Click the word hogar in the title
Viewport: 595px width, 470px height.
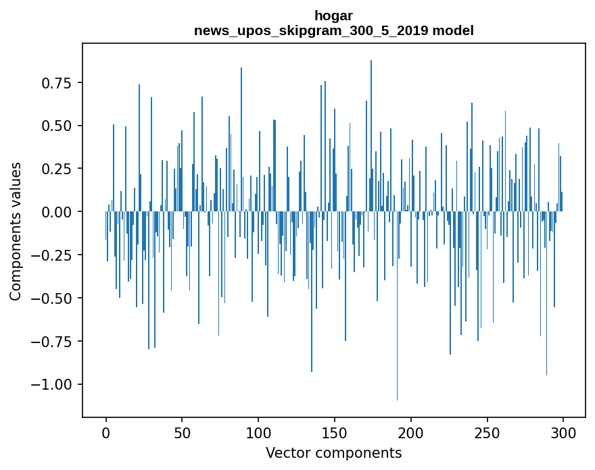pyautogui.click(x=333, y=15)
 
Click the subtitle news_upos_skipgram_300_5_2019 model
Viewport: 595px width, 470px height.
pyautogui.click(x=333, y=30)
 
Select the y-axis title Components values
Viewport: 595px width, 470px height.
pyautogui.click(x=15, y=231)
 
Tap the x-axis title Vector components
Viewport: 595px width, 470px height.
pyautogui.click(x=333, y=452)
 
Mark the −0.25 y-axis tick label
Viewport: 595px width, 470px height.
pyautogui.click(x=53, y=255)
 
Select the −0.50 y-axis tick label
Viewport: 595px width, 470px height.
pyautogui.click(x=53, y=298)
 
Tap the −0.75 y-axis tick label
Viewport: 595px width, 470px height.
pyautogui.click(x=53, y=341)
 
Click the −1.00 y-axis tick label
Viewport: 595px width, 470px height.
pyautogui.click(x=53, y=384)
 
